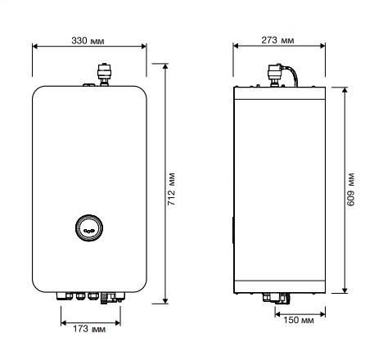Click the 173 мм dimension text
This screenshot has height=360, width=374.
click(90, 331)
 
